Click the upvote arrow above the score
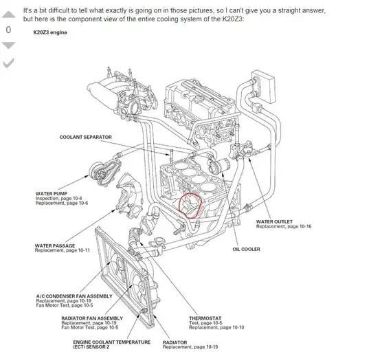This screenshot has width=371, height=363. [x=9, y=14]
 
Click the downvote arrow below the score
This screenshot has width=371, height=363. [x=9, y=45]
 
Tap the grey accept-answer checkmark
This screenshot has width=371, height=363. [x=9, y=63]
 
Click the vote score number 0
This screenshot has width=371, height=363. [x=8, y=30]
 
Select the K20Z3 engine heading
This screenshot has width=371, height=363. [x=50, y=32]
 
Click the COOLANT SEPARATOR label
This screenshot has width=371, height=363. [x=86, y=137]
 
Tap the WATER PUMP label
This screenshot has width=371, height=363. [x=52, y=193]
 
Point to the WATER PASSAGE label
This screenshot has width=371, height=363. [x=55, y=245]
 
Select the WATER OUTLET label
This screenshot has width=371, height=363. [x=274, y=221]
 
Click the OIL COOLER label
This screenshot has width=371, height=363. [x=247, y=249]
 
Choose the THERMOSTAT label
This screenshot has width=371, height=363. [x=205, y=318]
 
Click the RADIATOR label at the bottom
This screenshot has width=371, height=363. [x=175, y=342]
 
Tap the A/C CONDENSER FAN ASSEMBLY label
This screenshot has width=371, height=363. [x=74, y=296]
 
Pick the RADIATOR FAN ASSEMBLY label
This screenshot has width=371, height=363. [x=92, y=318]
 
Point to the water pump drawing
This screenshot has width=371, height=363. [x=104, y=172]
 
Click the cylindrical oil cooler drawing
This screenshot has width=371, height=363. [x=218, y=166]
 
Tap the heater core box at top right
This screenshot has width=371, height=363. [x=263, y=86]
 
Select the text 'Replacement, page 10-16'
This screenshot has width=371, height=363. [x=284, y=227]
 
